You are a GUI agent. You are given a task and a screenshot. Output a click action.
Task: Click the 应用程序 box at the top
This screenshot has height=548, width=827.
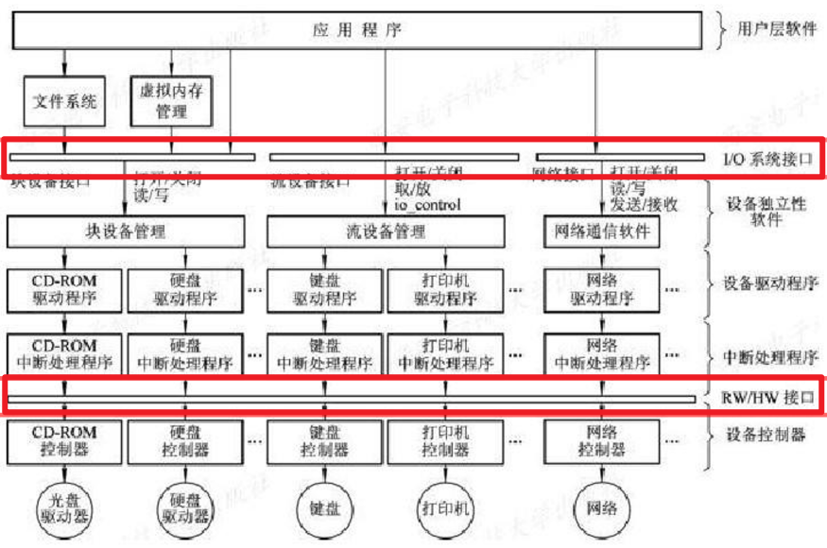coord(357,30)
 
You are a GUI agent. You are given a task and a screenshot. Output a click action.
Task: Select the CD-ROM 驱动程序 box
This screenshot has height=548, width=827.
coord(64,290)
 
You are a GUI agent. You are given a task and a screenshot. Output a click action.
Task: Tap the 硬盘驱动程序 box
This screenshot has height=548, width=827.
coord(185,290)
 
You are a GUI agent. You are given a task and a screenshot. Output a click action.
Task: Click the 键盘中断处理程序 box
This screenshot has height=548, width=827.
coord(324,353)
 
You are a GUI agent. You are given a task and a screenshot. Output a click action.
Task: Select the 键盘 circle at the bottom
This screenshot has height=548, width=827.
coord(324,508)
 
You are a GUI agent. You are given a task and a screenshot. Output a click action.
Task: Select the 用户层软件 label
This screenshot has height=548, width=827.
coord(776,29)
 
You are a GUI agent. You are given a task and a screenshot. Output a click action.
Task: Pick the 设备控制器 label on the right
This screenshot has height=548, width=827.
coord(766,436)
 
